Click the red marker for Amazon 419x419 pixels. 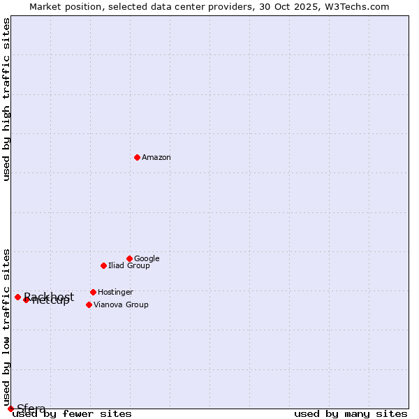137,157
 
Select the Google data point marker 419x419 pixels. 129,258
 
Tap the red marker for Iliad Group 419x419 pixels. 103,265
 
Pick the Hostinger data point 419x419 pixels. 93,292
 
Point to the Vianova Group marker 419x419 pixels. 89,304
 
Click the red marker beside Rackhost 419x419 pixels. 17,297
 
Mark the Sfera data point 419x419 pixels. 10,409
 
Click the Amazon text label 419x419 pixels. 156,158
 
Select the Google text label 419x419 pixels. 147,258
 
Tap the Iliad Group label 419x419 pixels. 129,265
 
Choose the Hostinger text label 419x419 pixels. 115,292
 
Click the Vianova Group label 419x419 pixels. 121,304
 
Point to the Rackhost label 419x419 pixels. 49,296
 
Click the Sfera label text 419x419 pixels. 31,409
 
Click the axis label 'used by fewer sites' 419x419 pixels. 73,413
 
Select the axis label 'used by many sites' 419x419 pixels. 351,413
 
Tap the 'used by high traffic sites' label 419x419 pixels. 7,99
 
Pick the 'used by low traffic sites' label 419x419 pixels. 7,327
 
